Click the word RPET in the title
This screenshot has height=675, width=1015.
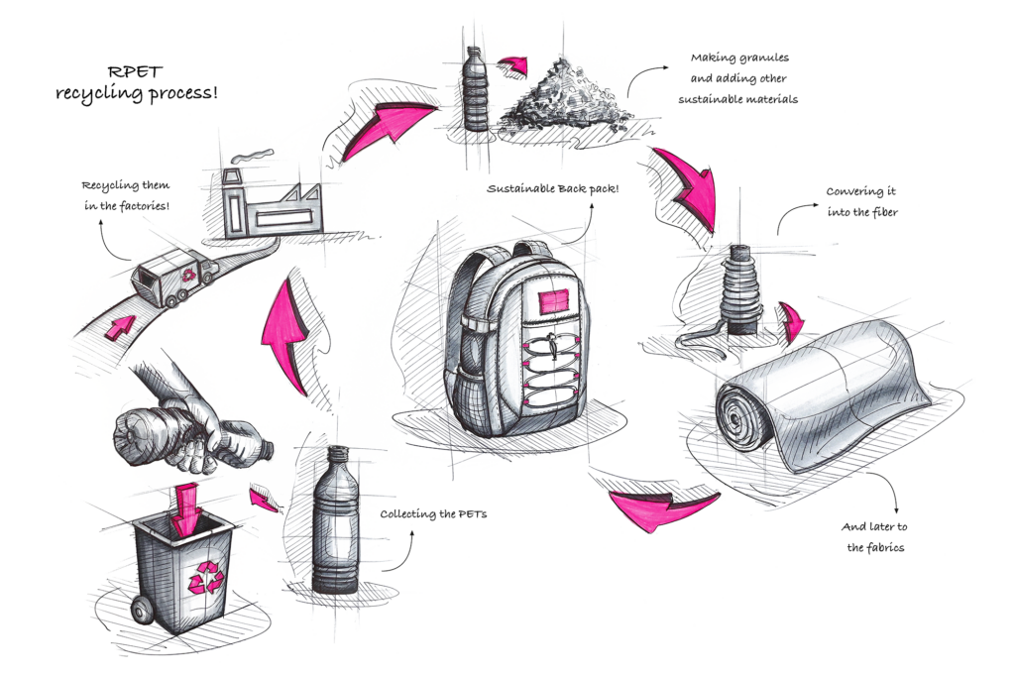pyautogui.click(x=135, y=71)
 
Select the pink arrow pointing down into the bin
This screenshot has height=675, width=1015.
pyautogui.click(x=186, y=508)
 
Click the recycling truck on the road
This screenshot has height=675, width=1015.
pyautogui.click(x=173, y=278)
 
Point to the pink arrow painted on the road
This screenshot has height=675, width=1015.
pyautogui.click(x=120, y=327)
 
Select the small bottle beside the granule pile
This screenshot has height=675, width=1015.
pyautogui.click(x=477, y=88)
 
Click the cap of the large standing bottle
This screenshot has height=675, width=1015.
pyautogui.click(x=337, y=454)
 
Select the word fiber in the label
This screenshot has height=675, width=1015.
pyautogui.click(x=881, y=212)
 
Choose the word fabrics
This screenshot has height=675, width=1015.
pyautogui.click(x=885, y=547)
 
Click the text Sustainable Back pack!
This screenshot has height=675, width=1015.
pyautogui.click(x=553, y=189)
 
